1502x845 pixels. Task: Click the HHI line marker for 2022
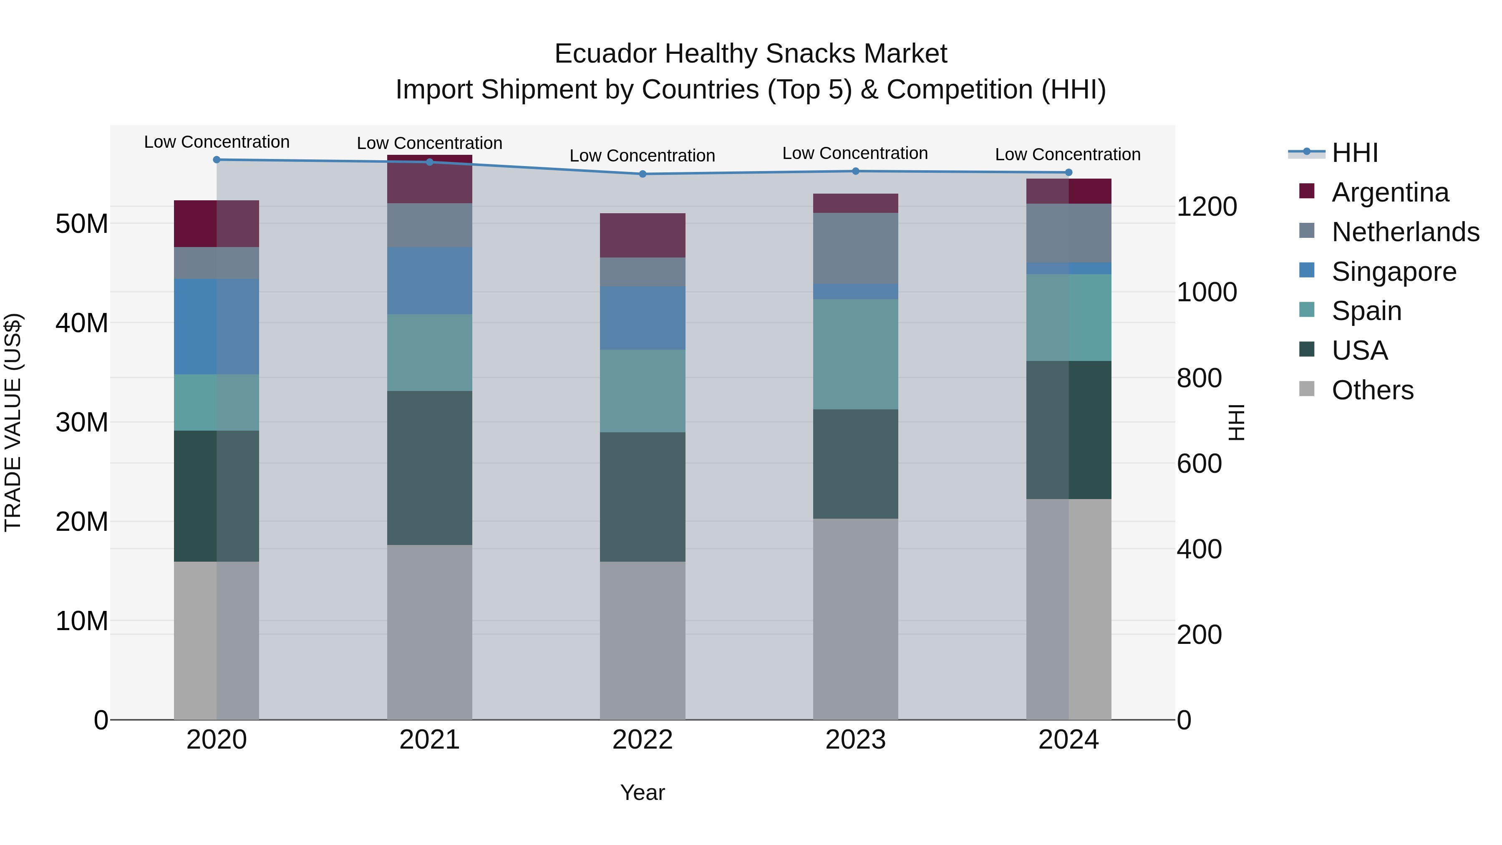coord(643,174)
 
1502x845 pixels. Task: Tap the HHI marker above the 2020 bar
coord(217,160)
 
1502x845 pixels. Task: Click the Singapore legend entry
coord(1394,272)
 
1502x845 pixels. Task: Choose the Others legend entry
coord(1372,390)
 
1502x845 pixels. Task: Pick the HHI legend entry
coord(1354,153)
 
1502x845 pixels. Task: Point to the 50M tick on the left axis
coord(82,224)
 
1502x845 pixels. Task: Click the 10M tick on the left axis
coord(82,621)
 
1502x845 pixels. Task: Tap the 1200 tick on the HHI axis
coord(1206,207)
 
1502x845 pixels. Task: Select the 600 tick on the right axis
coord(1199,464)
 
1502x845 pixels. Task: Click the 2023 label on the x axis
coord(855,740)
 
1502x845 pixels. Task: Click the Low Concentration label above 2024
coord(1068,154)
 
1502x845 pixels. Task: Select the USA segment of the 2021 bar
coord(430,468)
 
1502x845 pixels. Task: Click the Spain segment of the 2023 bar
coord(855,354)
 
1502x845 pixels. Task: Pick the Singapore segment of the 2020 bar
coord(217,327)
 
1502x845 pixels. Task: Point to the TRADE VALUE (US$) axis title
coord(13,422)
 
